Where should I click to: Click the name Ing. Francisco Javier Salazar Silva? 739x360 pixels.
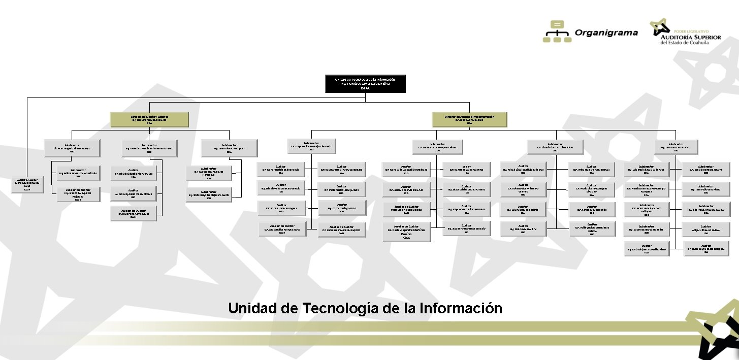(365, 84)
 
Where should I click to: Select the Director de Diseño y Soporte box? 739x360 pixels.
(149, 119)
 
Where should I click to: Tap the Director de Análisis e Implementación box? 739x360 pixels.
(469, 119)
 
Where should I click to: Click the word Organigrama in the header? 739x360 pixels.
(606, 33)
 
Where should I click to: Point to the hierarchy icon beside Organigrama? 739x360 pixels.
(557, 31)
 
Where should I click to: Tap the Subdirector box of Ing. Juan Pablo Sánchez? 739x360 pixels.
(706, 189)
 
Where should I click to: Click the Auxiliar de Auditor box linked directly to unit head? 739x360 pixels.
(27, 184)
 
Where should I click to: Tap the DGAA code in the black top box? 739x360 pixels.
(365, 88)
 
